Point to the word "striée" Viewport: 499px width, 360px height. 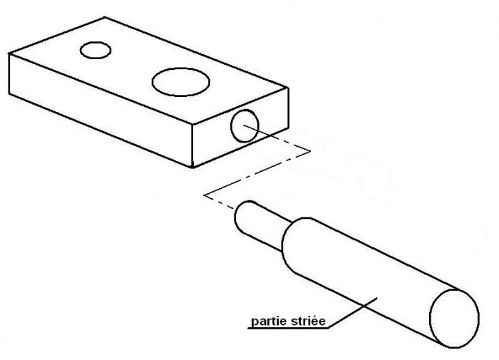tap(308, 321)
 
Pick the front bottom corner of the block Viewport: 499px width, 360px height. tap(192, 167)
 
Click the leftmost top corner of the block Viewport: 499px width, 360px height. tap(9, 53)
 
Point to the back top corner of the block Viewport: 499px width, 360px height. tap(104, 17)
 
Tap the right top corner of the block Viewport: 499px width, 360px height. tap(288, 88)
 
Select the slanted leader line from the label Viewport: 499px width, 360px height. tap(353, 312)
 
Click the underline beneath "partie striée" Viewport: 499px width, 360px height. tap(288, 328)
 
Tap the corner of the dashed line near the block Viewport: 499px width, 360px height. tap(310, 152)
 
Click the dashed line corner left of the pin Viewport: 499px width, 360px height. tap(205, 195)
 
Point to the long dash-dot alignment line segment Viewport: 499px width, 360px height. tap(257, 173)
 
